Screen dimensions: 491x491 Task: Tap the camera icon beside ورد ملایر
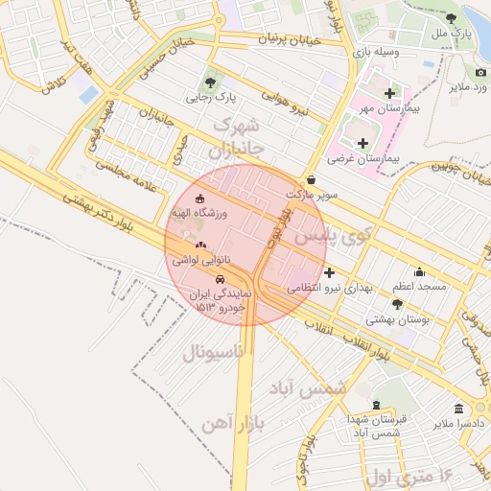(480, 73)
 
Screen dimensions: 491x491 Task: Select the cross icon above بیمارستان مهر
(389, 93)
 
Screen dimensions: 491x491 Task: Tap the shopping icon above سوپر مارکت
(311, 179)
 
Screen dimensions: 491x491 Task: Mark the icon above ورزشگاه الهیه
(199, 199)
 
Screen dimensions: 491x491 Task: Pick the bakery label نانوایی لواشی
(198, 259)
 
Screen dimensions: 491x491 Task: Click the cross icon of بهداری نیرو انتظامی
(330, 271)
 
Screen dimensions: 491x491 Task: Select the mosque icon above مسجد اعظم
(418, 271)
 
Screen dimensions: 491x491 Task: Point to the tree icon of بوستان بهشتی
(397, 303)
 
